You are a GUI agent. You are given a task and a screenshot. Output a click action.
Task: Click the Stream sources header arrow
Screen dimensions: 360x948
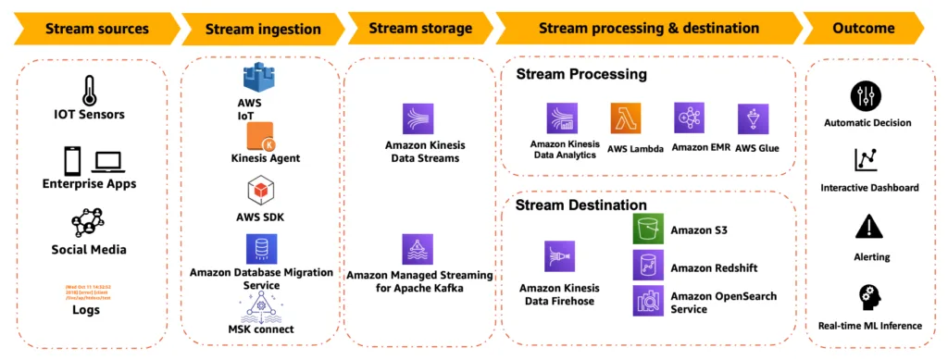click(89, 28)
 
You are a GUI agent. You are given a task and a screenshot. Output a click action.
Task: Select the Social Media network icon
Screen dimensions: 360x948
click(89, 223)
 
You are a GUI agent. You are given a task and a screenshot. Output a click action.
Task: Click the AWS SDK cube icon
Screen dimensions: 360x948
click(260, 192)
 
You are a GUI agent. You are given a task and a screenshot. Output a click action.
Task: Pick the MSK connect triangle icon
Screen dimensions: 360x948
click(261, 304)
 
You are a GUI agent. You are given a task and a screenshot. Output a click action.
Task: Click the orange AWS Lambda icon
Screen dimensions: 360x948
click(626, 119)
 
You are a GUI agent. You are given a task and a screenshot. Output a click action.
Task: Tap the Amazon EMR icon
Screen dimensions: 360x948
click(690, 118)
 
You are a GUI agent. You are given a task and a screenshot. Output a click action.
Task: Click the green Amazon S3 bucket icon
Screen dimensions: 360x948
click(648, 230)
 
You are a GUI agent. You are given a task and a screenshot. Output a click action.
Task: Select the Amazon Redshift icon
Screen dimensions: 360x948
click(648, 266)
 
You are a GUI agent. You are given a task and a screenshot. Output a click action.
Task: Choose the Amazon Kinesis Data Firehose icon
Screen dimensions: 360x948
click(559, 256)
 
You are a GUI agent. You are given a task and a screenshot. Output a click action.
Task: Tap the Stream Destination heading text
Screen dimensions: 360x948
click(580, 205)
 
